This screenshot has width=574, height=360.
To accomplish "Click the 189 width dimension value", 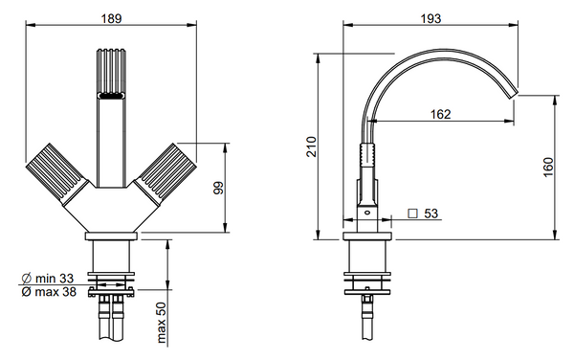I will coord(113,16).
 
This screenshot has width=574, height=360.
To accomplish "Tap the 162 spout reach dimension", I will coord(440,114).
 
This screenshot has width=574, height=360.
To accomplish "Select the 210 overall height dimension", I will coord(308,146).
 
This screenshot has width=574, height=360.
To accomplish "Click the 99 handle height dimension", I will coord(217,188).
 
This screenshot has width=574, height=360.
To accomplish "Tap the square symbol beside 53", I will coord(412,214).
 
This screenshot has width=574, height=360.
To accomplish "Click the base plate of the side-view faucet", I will coord(367,233).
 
